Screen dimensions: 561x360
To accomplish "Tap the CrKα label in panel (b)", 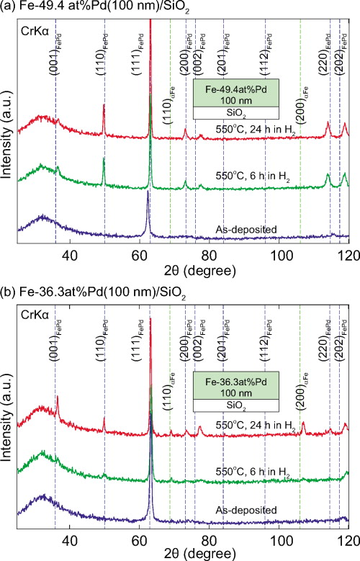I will (33, 313).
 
